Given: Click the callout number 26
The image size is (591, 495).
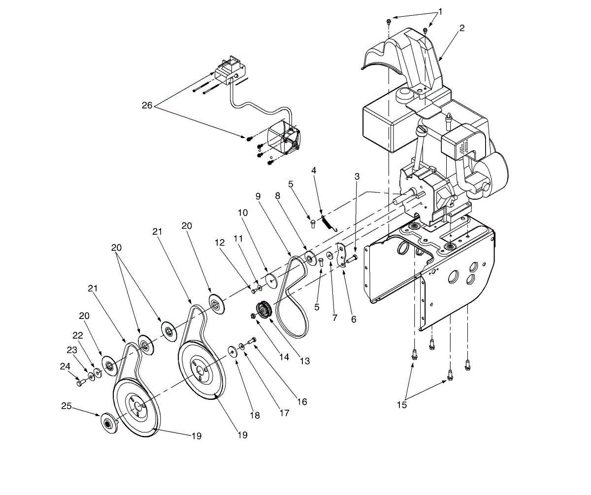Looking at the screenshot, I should coord(147,106).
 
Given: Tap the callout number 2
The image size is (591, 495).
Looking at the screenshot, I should coord(461,28).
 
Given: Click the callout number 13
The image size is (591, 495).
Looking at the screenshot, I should coord(305,361).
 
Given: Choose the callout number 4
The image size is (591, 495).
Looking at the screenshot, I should coord(313,171).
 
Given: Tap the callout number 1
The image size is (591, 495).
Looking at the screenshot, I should coord(440,11).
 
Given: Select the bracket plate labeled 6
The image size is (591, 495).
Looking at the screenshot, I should coord(341,256).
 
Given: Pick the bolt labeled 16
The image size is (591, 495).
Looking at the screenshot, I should coord(253,341).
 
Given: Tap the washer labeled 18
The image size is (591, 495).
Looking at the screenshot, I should coord(231,351).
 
